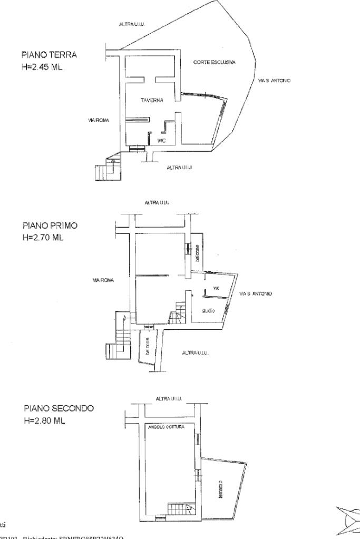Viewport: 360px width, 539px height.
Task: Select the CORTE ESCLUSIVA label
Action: click(215, 62)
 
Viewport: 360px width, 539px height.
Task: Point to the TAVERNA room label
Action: click(151, 100)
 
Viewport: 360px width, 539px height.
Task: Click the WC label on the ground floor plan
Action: click(162, 140)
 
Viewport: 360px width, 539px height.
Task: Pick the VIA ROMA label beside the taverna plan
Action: click(98, 121)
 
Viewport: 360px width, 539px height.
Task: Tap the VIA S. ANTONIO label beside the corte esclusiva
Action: click(275, 81)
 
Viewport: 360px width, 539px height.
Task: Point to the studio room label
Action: click(208, 311)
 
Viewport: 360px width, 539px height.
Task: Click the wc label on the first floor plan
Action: click(216, 288)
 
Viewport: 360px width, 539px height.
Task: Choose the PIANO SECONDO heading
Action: click(59, 408)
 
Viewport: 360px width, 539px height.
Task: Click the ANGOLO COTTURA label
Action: click(164, 428)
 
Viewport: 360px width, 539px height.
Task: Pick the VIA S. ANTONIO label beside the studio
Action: click(256, 293)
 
